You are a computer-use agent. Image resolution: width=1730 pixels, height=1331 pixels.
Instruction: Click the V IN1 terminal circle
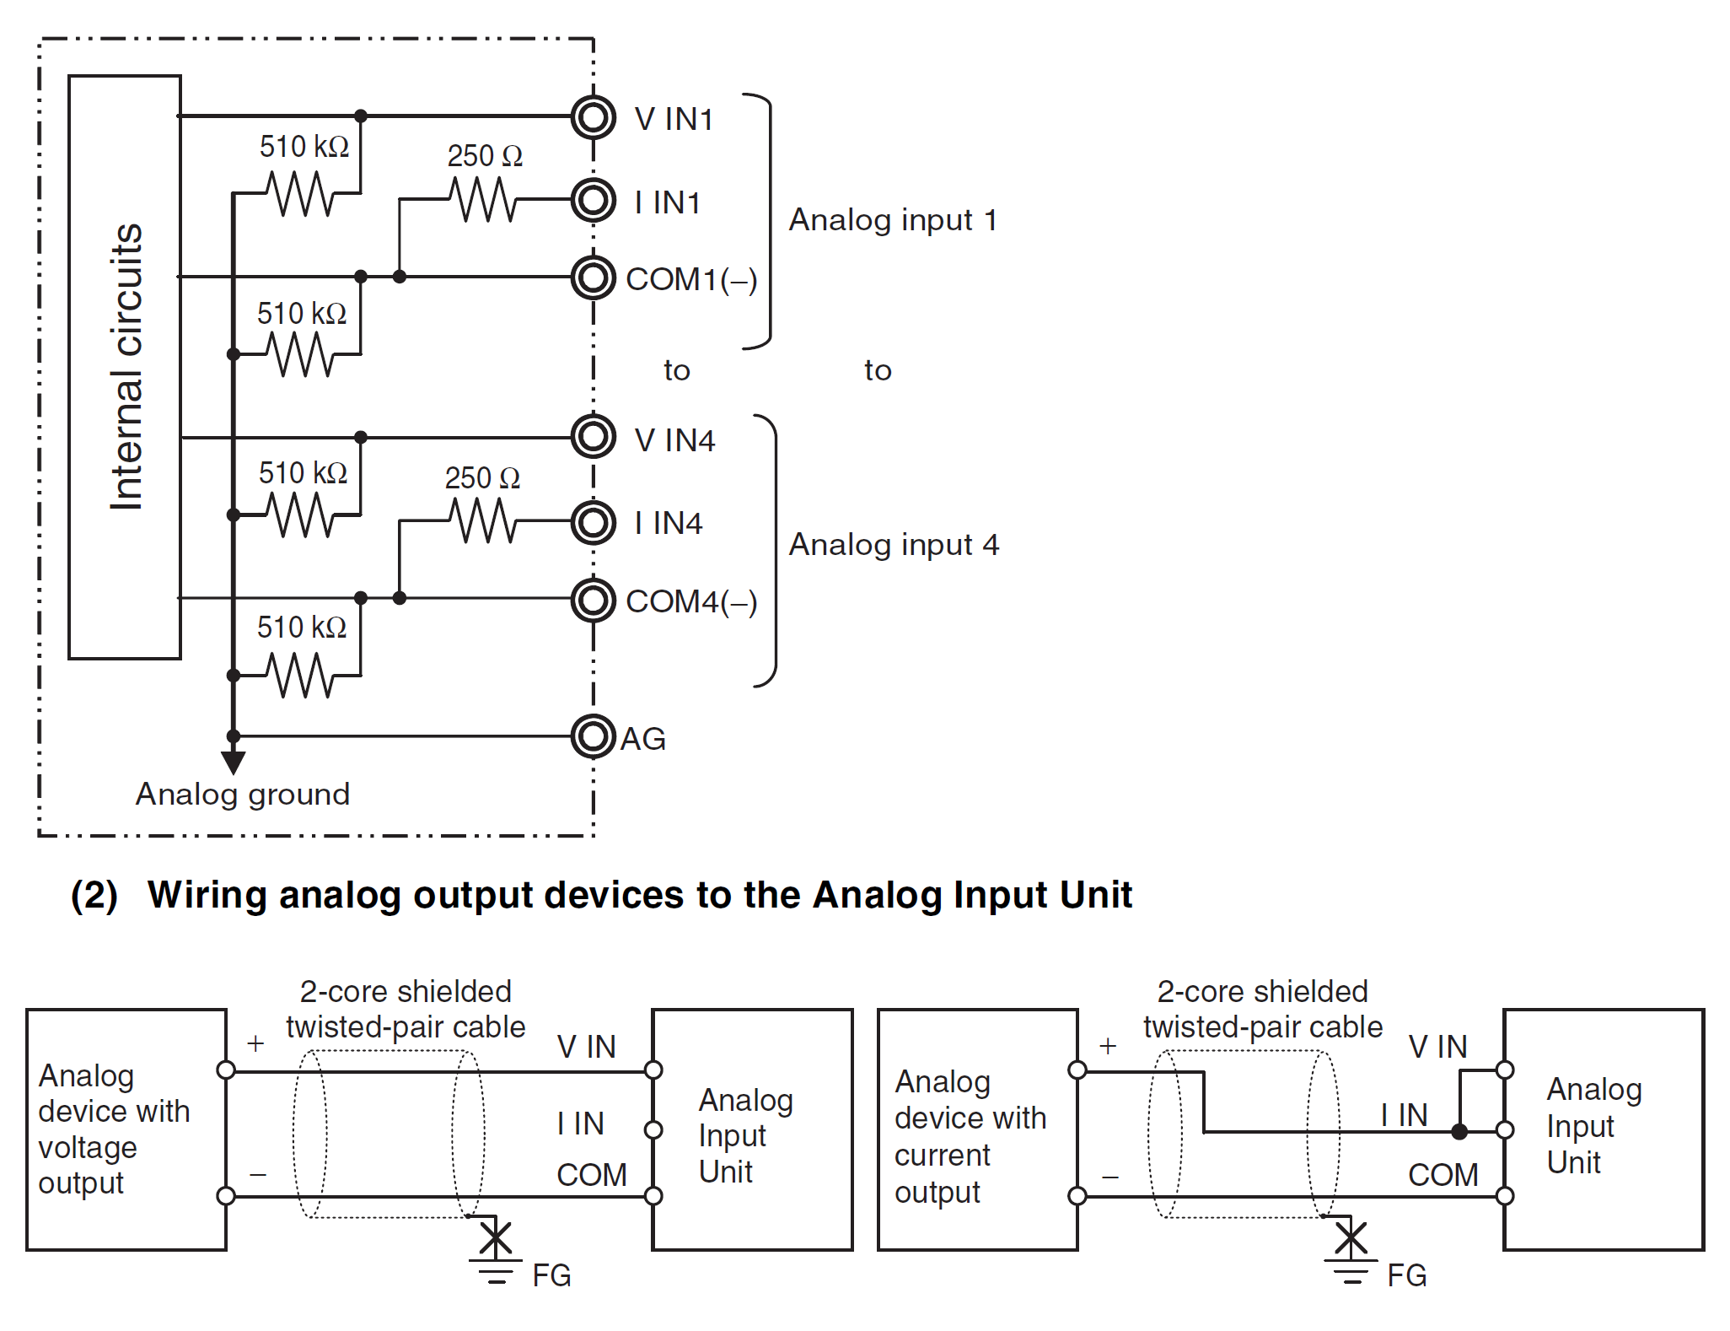point(593,117)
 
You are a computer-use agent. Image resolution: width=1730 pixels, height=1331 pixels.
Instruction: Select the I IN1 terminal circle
point(593,200)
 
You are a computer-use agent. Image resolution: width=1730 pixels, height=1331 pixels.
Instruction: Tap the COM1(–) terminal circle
point(593,278)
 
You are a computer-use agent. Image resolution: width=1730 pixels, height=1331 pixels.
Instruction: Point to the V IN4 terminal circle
point(593,436)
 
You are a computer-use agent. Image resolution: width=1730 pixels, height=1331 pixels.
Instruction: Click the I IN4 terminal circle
point(593,522)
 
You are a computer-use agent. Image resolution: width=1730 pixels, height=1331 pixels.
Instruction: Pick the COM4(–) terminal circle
point(593,600)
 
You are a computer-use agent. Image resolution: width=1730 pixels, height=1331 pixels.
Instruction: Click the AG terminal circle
point(593,736)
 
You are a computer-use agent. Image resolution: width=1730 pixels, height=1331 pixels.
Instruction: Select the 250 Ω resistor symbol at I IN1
point(483,200)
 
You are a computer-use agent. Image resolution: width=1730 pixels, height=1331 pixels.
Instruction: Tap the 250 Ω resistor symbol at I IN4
point(483,520)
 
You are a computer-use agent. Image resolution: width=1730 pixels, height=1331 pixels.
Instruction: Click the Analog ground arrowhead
point(234,762)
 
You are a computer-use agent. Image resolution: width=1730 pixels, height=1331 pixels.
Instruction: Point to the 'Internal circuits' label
point(126,367)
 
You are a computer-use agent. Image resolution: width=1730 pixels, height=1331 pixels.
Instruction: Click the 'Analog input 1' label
point(893,220)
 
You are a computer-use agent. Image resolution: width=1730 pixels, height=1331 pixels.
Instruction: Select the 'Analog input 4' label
point(894,545)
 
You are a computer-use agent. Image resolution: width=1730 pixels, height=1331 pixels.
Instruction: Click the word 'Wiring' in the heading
point(207,895)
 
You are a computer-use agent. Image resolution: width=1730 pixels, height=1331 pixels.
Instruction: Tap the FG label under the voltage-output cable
point(552,1275)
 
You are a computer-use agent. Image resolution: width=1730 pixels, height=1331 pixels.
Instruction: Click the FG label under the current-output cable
point(1407,1275)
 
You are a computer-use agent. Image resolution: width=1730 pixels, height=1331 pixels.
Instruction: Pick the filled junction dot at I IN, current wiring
point(1459,1132)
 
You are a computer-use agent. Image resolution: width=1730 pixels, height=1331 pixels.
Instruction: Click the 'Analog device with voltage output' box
point(126,1129)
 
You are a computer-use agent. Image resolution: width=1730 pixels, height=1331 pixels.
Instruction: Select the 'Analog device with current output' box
point(978,1129)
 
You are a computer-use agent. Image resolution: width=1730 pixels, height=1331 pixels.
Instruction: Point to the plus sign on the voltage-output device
point(255,1043)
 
